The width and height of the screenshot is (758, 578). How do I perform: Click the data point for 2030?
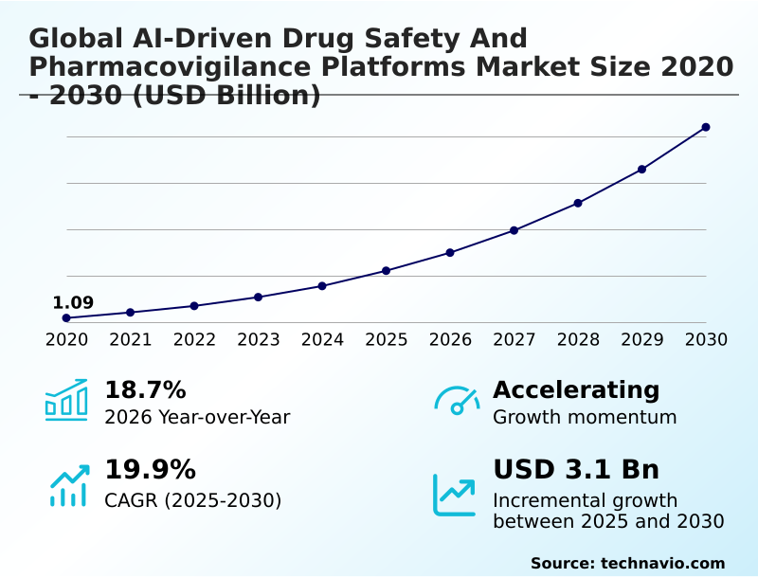[706, 127]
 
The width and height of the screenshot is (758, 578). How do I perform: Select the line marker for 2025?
[386, 271]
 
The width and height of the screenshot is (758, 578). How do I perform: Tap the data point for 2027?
[514, 230]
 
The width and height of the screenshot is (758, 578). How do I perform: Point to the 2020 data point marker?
[66, 318]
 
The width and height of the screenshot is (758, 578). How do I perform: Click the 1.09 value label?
[73, 303]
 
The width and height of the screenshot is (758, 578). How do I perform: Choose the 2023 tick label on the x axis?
[258, 340]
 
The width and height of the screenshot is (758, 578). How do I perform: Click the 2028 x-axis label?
[578, 340]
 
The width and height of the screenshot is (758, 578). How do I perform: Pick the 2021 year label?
[130, 340]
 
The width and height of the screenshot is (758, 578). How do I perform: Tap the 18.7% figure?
[145, 390]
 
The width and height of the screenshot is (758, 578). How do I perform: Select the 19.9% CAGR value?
[150, 470]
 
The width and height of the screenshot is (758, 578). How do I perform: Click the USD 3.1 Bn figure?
[576, 470]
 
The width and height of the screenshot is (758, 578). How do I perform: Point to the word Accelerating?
[576, 390]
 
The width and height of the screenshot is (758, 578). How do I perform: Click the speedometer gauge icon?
[457, 401]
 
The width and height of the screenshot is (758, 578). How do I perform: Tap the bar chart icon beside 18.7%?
[66, 400]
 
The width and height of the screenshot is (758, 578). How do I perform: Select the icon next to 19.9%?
[68, 485]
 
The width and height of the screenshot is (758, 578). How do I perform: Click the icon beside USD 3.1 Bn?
[455, 495]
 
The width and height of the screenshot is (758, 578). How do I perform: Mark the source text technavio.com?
[662, 563]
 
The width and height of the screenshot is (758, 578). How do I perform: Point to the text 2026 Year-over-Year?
[197, 417]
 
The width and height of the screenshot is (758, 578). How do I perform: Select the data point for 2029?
[641, 170]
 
